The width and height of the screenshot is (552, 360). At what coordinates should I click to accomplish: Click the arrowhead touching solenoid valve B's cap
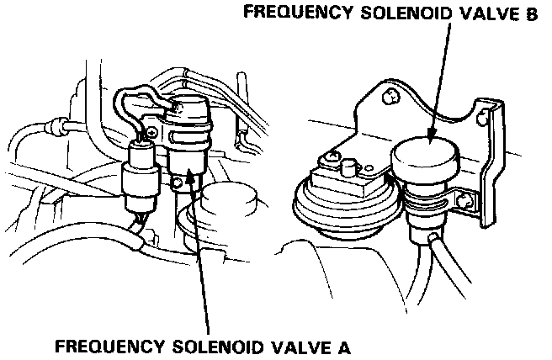point(432,135)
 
